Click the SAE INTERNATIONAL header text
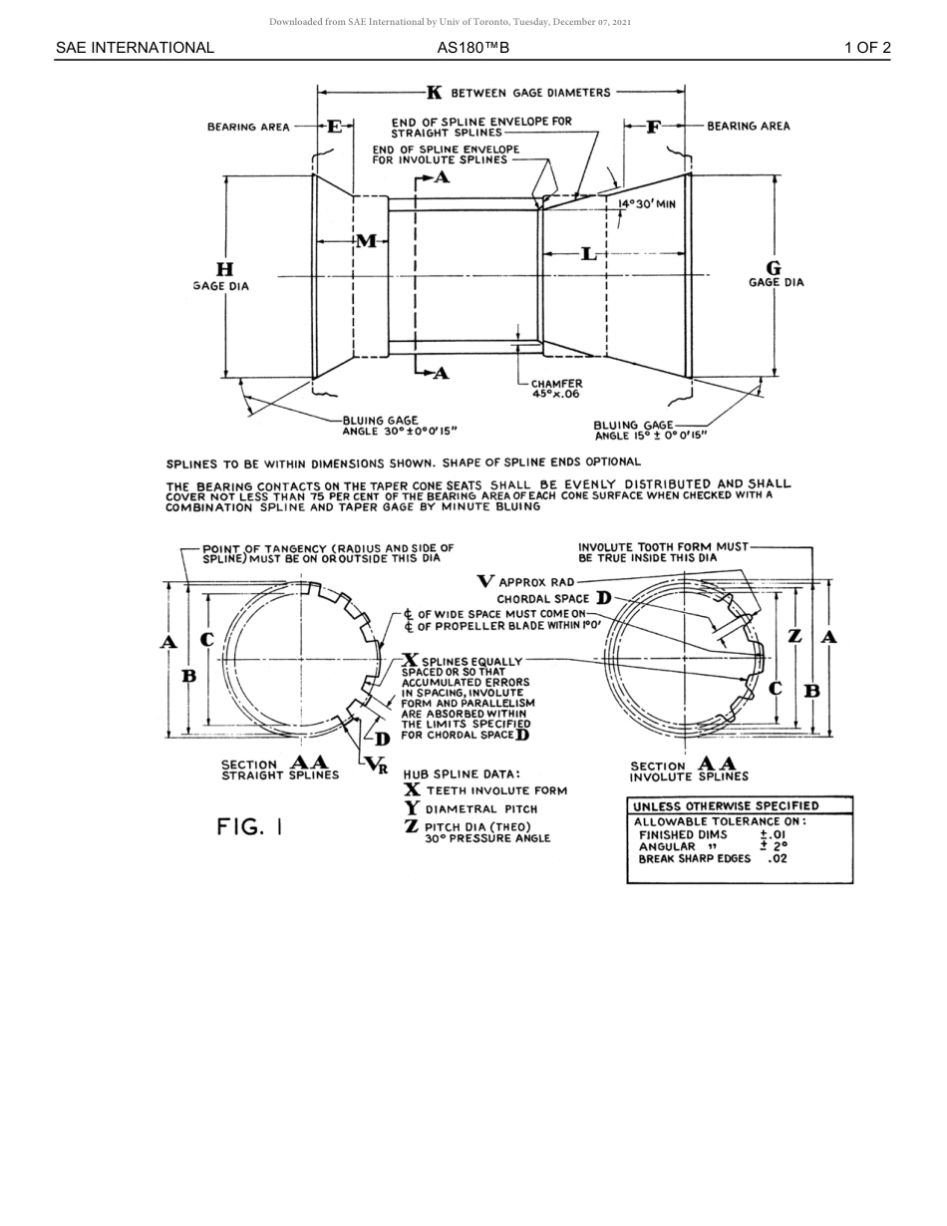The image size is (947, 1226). point(135,48)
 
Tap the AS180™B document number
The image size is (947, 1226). point(473,48)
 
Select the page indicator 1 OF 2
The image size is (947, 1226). point(867,48)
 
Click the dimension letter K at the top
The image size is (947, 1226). point(435,93)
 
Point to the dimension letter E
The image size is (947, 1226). point(335,127)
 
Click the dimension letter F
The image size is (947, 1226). point(654,127)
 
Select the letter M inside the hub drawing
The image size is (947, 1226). point(366,241)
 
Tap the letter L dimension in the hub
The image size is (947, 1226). point(589,254)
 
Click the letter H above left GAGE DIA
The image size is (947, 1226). point(224,269)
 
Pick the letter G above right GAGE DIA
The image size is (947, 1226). point(774,268)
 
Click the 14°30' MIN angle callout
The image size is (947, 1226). point(647,204)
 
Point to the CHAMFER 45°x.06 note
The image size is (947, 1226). point(556,389)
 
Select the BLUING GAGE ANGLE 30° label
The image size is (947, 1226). point(399,427)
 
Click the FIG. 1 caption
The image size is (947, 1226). point(250,826)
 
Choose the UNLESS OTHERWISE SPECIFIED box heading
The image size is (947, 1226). point(726,805)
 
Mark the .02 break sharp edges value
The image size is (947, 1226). point(778,858)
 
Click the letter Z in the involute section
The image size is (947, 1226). point(794,636)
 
